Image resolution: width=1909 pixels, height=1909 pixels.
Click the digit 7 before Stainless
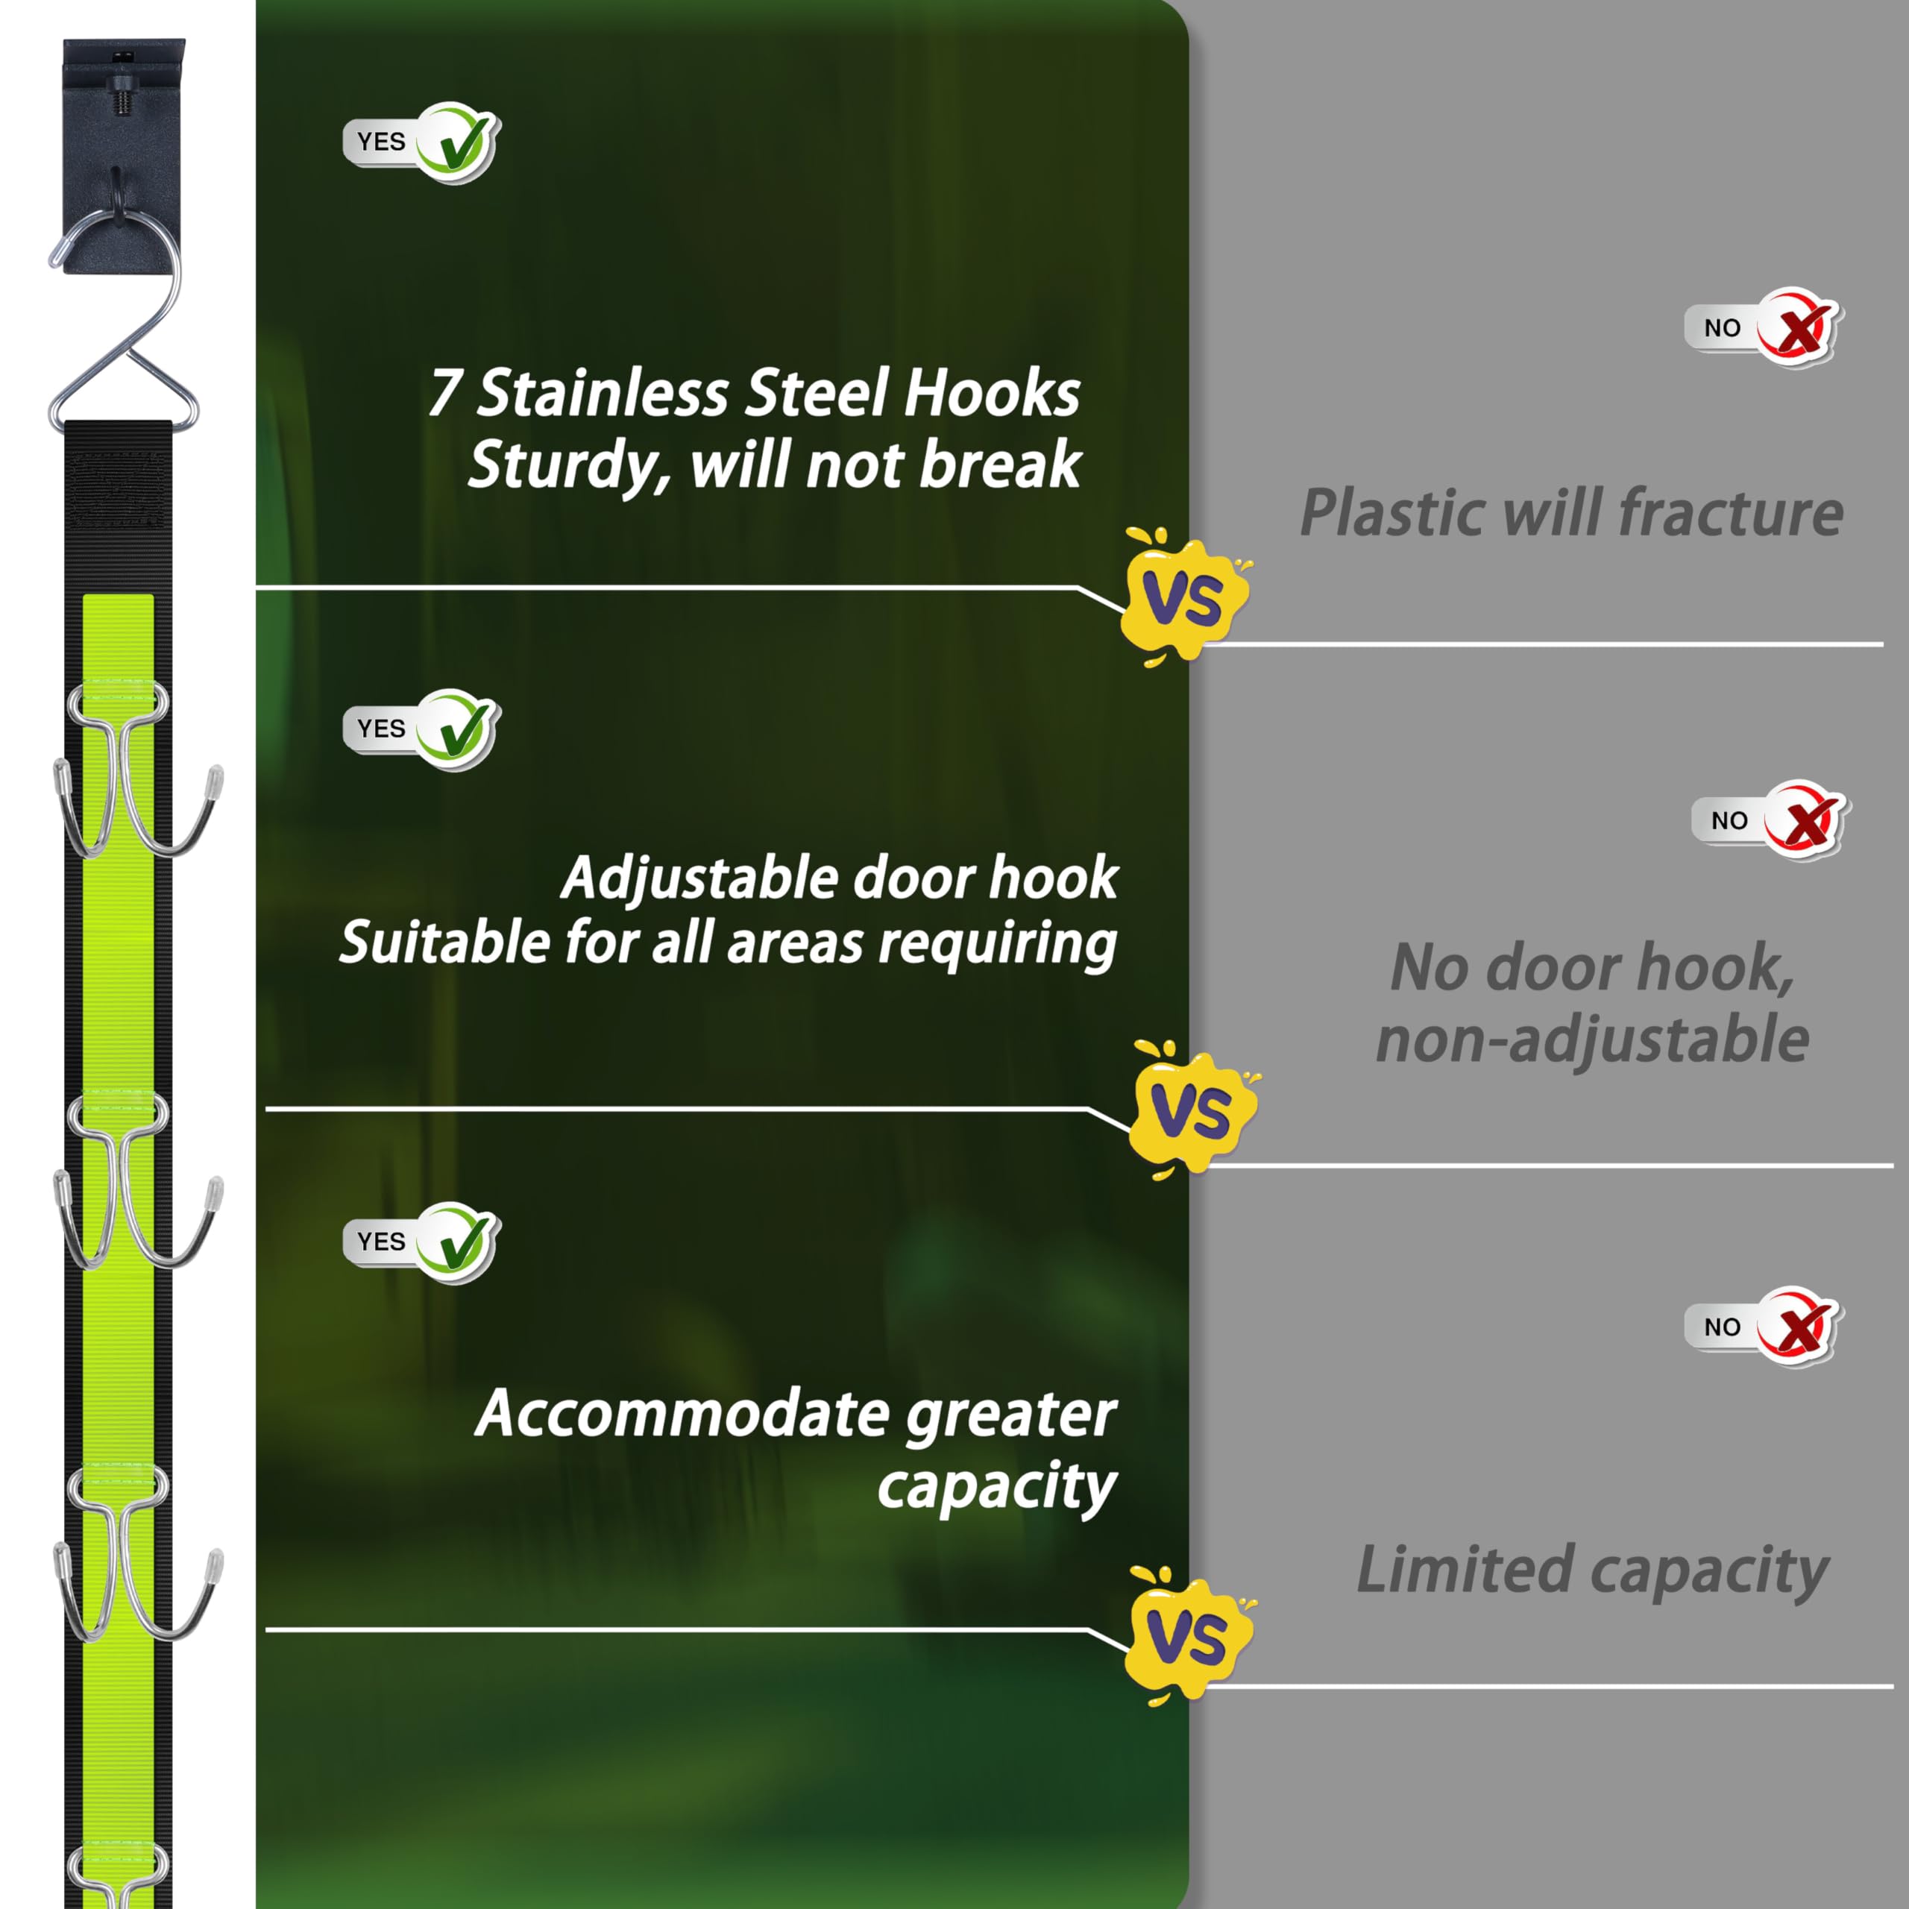click(444, 392)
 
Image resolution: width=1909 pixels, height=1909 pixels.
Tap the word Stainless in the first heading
click(603, 392)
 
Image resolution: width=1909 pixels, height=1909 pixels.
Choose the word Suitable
click(444, 942)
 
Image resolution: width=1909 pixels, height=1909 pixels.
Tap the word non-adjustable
click(1592, 1040)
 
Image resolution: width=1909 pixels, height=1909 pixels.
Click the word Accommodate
click(681, 1414)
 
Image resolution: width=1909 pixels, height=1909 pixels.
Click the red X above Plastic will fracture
click(1796, 327)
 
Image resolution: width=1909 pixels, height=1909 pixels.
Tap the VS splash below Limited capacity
click(1189, 1635)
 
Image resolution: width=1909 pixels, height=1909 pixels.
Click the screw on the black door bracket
click(122, 95)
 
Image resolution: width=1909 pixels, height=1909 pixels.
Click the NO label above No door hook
click(1729, 820)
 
